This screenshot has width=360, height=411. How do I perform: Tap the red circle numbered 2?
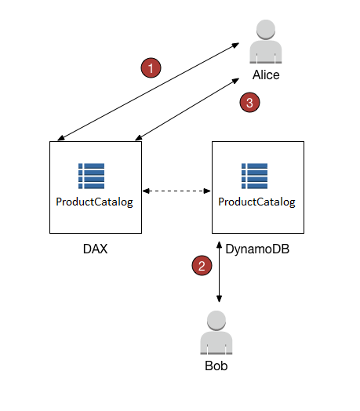pos(202,266)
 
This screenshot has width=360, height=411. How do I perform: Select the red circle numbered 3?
pos(249,102)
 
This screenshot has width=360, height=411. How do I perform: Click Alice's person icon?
pos(266,44)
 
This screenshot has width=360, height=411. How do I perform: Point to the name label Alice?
pos(266,75)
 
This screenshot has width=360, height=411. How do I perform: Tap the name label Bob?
pos(216,366)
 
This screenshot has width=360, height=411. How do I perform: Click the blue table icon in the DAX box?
pos(92,176)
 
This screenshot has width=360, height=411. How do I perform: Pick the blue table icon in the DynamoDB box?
pos(255,176)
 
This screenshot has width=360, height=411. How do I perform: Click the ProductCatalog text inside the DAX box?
pos(94,202)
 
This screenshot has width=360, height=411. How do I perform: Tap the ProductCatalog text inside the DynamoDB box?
pos(256,202)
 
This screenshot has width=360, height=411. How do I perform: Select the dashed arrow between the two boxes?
pos(176,190)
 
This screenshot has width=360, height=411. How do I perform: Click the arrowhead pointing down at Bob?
pos(219,299)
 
